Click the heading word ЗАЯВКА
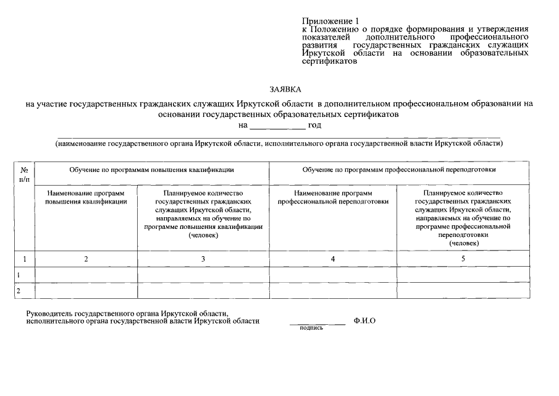point(279,90)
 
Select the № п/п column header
point(25,173)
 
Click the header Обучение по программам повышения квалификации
point(151,169)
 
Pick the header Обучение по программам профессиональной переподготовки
point(399,169)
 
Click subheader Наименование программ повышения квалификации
point(86,197)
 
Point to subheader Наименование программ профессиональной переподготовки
point(333,197)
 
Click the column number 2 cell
point(86,259)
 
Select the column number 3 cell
point(203,259)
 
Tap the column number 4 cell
point(333,259)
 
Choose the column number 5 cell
point(463,259)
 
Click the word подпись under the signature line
point(311,328)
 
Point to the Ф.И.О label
point(364,321)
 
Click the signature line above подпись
point(317,324)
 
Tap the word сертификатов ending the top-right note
point(329,61)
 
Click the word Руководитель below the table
point(48,314)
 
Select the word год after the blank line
point(314,126)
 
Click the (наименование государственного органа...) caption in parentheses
point(279,144)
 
